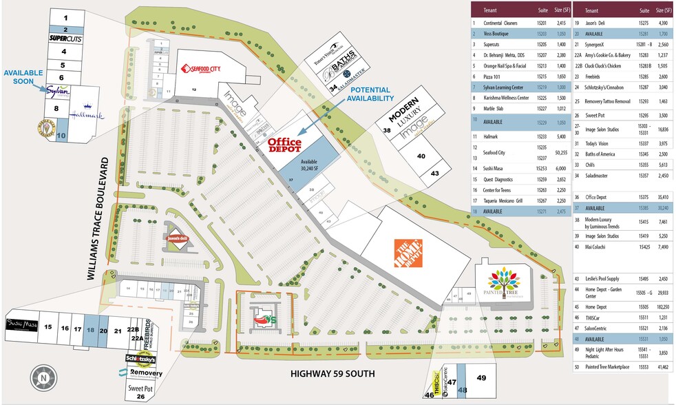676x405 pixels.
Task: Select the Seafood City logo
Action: pos(204,68)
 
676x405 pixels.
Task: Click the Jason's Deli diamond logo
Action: pos(175,238)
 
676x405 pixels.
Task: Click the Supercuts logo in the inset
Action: pos(66,39)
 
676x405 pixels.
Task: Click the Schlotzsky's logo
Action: pos(140,359)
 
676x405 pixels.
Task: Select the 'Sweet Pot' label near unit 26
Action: pos(140,388)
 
